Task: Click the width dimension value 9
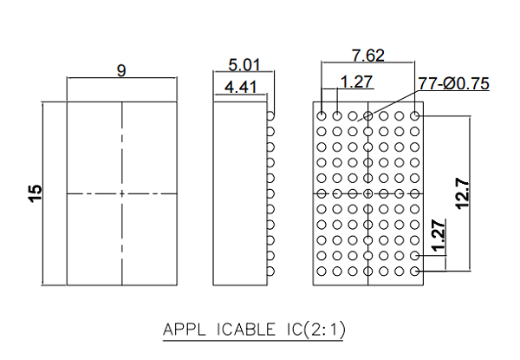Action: click(x=121, y=72)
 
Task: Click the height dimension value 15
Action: click(x=36, y=193)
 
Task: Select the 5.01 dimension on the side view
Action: click(x=244, y=65)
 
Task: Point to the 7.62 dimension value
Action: click(x=367, y=56)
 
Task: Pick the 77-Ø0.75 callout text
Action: click(x=453, y=83)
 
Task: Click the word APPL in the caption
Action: click(x=182, y=331)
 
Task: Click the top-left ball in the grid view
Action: click(x=322, y=115)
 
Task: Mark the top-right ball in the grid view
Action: click(x=415, y=115)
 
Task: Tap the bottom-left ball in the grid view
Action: click(x=322, y=272)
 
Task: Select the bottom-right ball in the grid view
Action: click(x=415, y=272)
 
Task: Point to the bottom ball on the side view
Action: click(x=270, y=272)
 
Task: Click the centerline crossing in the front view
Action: click(x=121, y=193)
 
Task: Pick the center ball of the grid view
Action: click(x=368, y=193)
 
